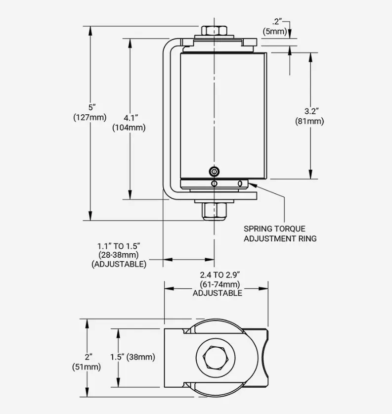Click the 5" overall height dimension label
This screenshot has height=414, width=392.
pyautogui.click(x=90, y=107)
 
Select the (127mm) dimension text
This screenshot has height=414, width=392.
pyautogui.click(x=90, y=117)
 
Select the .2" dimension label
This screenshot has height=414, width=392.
pyautogui.click(x=277, y=21)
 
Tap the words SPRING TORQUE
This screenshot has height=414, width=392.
pyautogui.click(x=274, y=229)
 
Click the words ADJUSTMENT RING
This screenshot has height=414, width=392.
pyautogui.click(x=280, y=238)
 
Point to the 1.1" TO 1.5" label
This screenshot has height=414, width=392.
pyautogui.click(x=119, y=245)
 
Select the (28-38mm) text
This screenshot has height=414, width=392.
pyautogui.click(x=119, y=255)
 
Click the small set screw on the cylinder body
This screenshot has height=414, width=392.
pyautogui.click(x=214, y=172)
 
